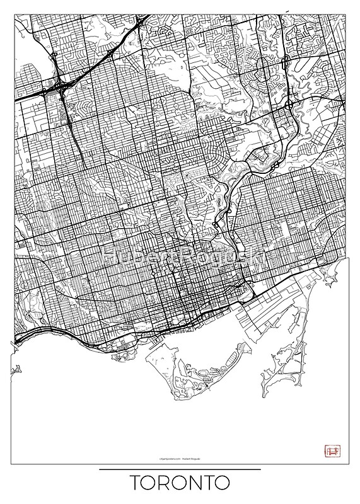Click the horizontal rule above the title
[180, 469]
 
